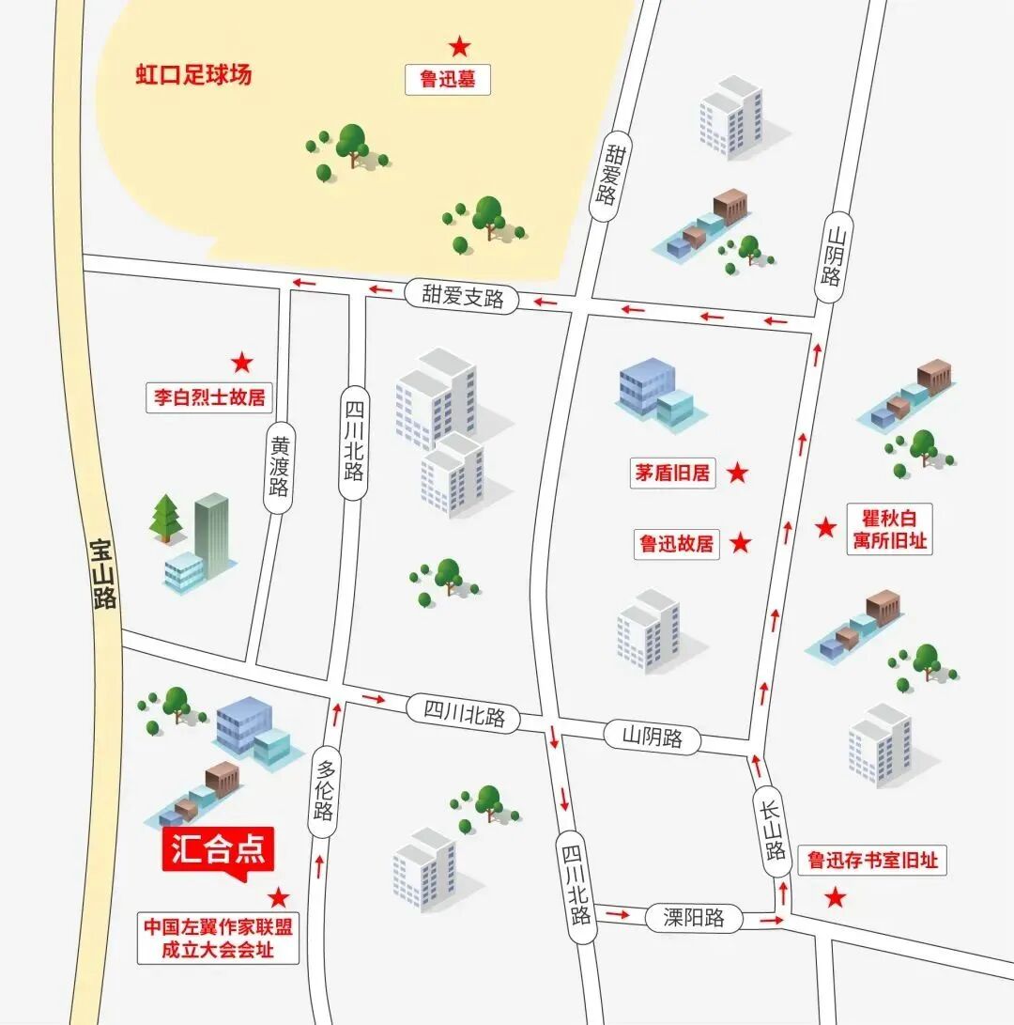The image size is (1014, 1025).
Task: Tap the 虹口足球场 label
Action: pos(193,75)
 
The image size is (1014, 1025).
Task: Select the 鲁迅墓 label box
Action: pos(448,80)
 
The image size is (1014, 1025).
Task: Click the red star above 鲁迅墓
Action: pos(459,45)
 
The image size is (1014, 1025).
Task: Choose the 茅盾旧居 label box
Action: pos(673,473)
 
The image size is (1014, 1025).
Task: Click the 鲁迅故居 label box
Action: pos(676,543)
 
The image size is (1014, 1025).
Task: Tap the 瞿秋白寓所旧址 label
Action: pos(888,529)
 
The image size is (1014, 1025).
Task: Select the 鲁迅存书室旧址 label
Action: pos(872,860)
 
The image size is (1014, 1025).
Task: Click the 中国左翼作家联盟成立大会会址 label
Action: pos(218,938)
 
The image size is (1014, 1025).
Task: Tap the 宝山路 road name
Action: pos(102,572)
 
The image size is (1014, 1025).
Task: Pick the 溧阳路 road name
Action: pos(694,918)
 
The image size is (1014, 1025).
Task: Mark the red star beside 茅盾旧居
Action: pos(738,473)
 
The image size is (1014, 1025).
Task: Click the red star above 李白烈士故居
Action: pos(242,362)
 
